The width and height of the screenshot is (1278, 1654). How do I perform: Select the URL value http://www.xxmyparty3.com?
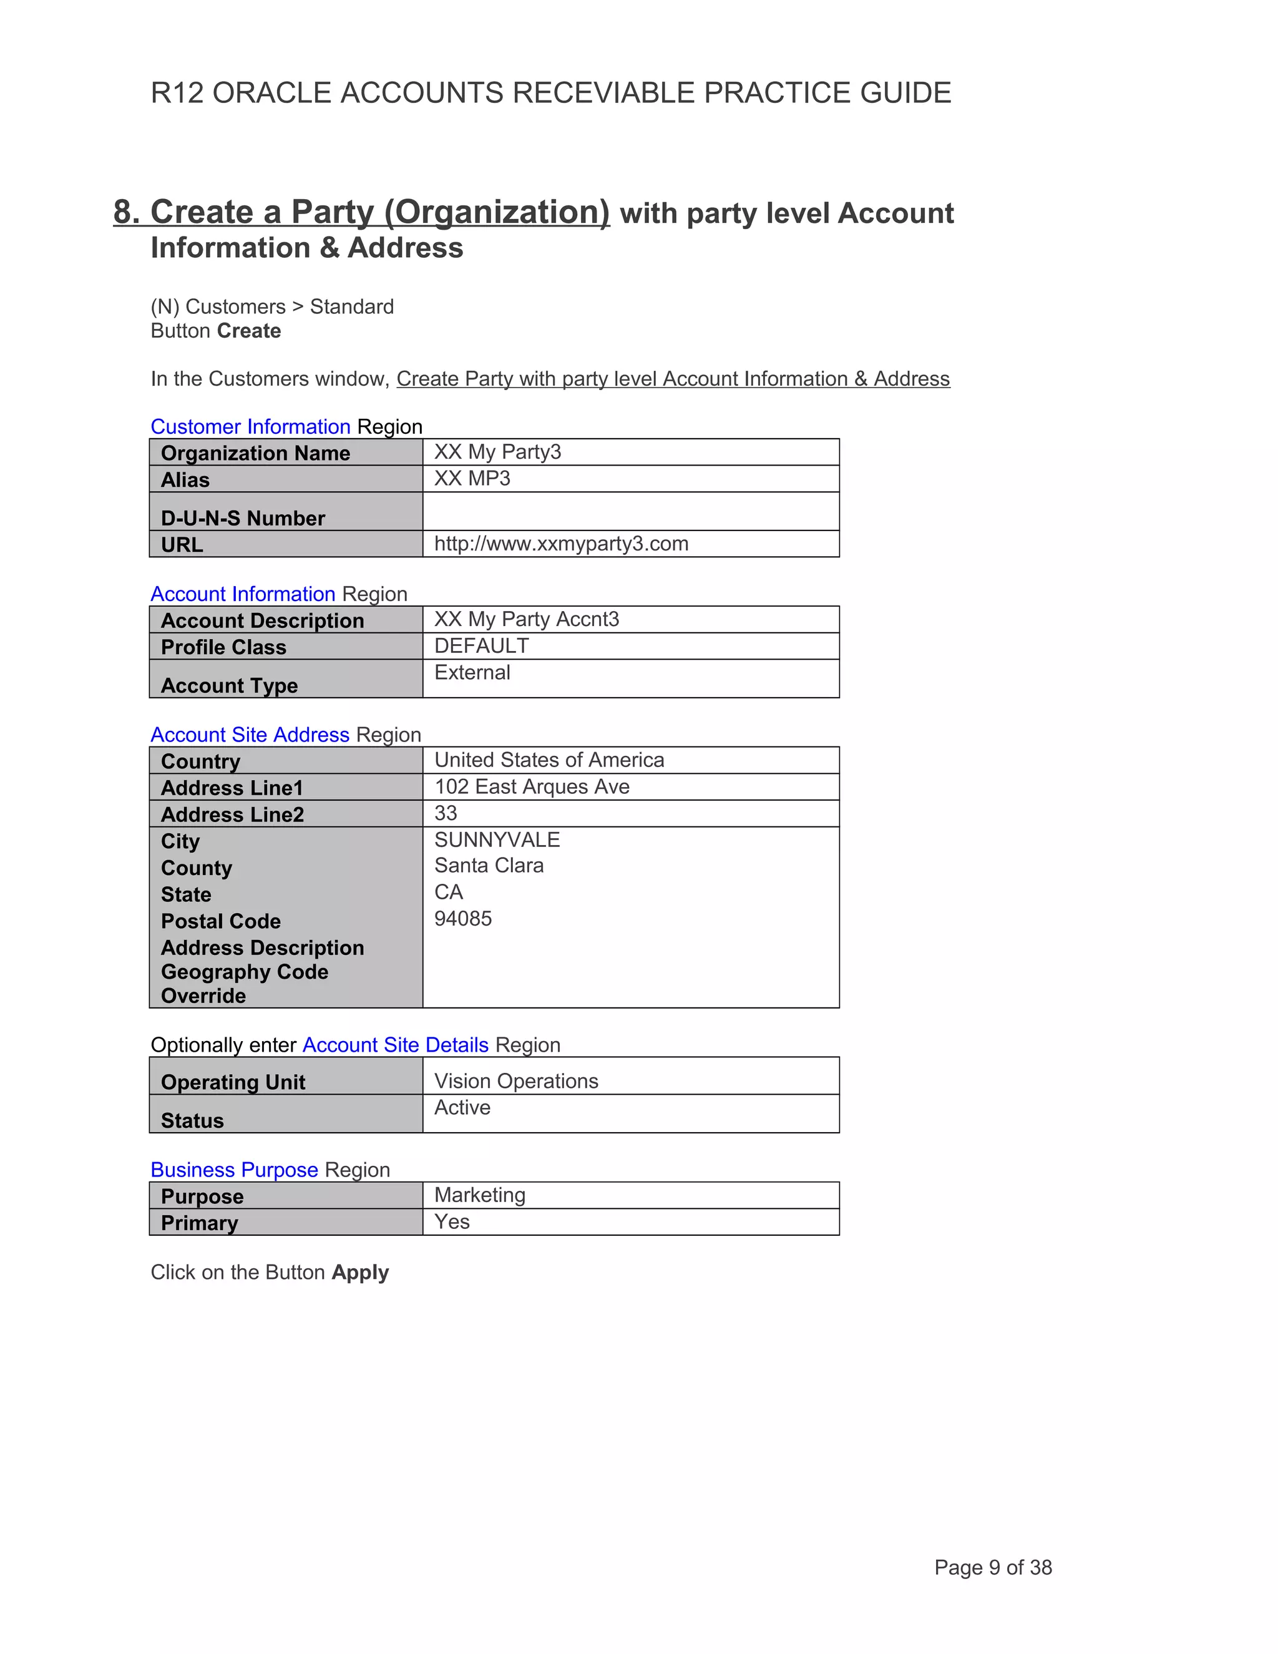[561, 544]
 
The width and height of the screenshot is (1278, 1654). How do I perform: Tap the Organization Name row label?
[255, 453]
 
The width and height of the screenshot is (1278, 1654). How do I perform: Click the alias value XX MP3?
[472, 479]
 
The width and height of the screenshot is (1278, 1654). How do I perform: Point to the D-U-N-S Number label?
[242, 518]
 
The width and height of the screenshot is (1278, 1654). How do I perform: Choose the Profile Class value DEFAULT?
[482, 646]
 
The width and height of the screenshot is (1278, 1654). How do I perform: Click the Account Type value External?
[472, 672]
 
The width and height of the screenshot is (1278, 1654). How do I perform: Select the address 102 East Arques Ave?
[532, 787]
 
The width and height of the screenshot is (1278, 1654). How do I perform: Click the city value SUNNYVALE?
[497, 840]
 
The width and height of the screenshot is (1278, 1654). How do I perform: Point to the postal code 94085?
[462, 919]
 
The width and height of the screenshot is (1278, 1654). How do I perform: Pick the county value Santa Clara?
[489, 866]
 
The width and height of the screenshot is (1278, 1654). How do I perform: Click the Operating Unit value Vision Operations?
[515, 1082]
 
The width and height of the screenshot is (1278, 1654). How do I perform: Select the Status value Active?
[462, 1108]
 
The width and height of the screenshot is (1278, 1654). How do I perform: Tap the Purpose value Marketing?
[479, 1195]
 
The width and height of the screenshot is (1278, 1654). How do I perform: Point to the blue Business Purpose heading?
[234, 1170]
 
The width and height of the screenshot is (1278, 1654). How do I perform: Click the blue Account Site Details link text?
[395, 1045]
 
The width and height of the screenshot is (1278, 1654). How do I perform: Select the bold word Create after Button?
[249, 331]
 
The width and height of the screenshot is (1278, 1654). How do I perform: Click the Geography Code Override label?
[244, 984]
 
